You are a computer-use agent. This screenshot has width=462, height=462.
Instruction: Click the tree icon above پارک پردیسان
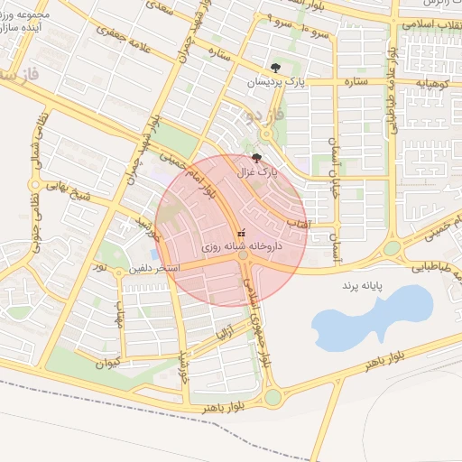click(275, 68)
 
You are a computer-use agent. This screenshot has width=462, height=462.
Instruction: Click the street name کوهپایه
click(432, 82)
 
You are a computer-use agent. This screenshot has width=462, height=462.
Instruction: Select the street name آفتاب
click(298, 221)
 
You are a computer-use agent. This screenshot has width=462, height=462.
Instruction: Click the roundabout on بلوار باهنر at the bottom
click(273, 397)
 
